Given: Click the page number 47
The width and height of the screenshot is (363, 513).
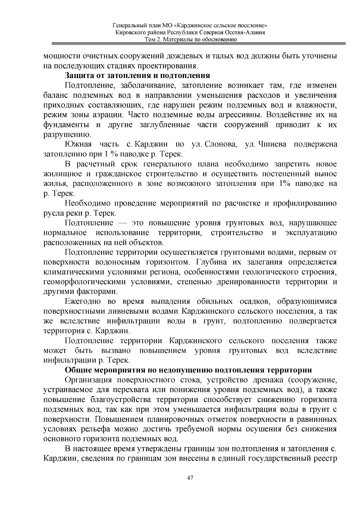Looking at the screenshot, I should [x=190, y=478].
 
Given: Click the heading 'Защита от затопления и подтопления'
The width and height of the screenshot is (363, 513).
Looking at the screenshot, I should [x=138, y=76].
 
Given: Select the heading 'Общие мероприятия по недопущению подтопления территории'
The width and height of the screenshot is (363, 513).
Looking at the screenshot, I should [x=188, y=370].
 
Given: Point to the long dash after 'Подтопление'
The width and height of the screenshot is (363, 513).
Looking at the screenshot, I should [x=123, y=223].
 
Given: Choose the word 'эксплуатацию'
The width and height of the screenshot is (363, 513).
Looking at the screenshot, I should [x=311, y=233].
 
